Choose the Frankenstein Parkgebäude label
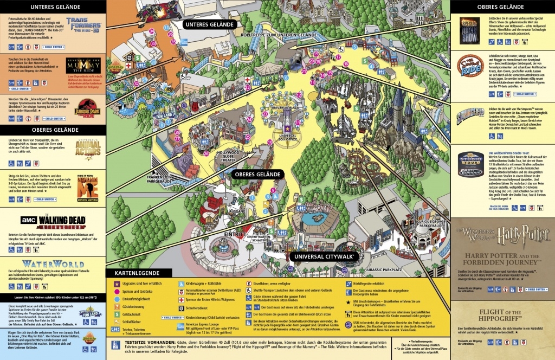pos(163,178)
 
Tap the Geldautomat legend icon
pos(116,313)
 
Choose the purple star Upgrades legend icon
pos(116,282)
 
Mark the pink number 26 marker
pos(206,153)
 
